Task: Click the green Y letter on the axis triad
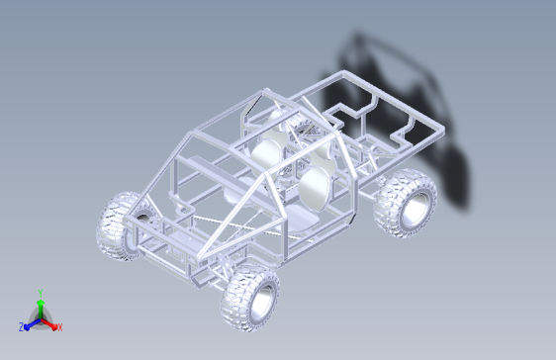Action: (41, 293)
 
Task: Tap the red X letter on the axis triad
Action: (60, 327)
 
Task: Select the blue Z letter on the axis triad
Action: (22, 327)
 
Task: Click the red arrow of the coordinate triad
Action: (48, 323)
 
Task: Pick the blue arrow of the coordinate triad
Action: (32, 323)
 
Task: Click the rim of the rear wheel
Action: (416, 210)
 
